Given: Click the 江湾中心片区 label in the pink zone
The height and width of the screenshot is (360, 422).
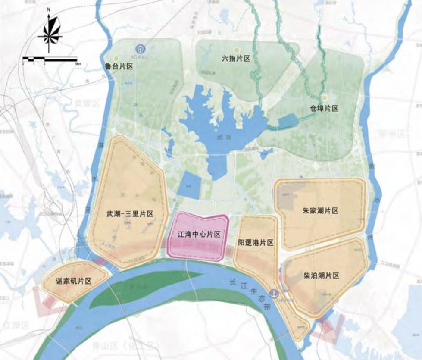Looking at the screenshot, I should [199, 235].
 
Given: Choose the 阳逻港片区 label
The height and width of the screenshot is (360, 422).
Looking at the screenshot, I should [256, 243].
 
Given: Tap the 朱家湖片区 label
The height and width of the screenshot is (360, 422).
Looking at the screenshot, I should [320, 211].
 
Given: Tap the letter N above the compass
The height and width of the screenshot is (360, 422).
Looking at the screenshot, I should [49, 9].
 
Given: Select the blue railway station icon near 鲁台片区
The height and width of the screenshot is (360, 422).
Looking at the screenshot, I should [140, 49].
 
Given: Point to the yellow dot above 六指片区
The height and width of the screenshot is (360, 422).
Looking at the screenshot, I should [235, 50].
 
